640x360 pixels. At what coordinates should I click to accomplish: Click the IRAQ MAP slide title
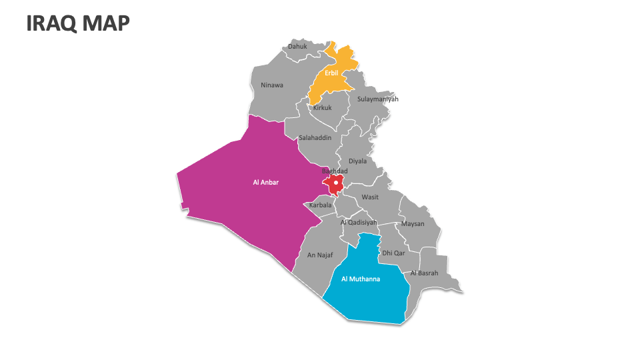(x=78, y=23)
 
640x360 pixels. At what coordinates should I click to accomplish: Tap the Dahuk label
(x=297, y=47)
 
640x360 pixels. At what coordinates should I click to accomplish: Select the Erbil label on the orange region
(x=331, y=73)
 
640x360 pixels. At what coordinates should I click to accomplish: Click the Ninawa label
(x=272, y=85)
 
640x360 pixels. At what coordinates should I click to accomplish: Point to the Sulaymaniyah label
(x=377, y=99)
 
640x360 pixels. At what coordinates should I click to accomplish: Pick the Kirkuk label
(x=322, y=107)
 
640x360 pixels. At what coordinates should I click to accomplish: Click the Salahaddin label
(x=315, y=137)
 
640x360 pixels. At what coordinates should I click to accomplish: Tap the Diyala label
(x=357, y=161)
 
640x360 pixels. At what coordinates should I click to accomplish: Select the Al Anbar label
(x=265, y=181)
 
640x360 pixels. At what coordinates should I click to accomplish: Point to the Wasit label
(x=370, y=197)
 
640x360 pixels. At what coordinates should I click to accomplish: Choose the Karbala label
(x=320, y=205)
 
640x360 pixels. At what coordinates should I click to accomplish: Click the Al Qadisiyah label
(x=359, y=222)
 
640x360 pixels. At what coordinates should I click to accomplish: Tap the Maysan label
(x=413, y=223)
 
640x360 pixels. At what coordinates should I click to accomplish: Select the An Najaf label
(x=319, y=255)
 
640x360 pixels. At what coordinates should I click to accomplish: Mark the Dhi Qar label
(x=393, y=253)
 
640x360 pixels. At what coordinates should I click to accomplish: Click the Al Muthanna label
(x=360, y=279)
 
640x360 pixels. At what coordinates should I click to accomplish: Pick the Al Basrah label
(x=424, y=273)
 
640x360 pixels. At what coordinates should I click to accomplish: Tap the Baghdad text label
(x=335, y=171)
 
